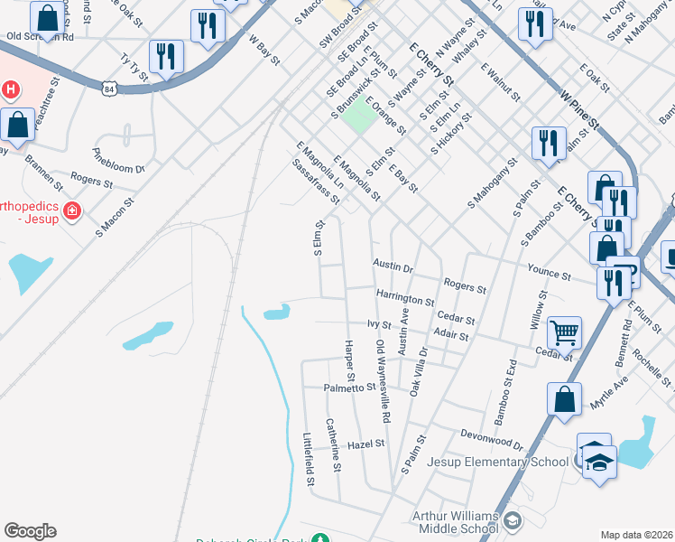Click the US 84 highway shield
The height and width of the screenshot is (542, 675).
pyautogui.click(x=109, y=89)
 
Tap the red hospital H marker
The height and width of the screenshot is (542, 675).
pyautogui.click(x=11, y=89)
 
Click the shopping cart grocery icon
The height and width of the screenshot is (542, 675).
pyautogui.click(x=564, y=332)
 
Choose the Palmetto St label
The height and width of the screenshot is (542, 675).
pyautogui.click(x=349, y=388)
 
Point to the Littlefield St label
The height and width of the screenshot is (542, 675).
pyautogui.click(x=309, y=460)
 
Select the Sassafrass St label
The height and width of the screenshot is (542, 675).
pyautogui.click(x=315, y=181)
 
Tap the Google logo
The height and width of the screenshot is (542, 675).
pyautogui.click(x=30, y=531)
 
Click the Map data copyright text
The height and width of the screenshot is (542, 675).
pyautogui.click(x=637, y=535)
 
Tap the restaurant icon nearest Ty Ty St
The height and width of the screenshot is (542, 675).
pyautogui.click(x=166, y=57)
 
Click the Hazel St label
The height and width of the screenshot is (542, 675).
pyautogui.click(x=366, y=444)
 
